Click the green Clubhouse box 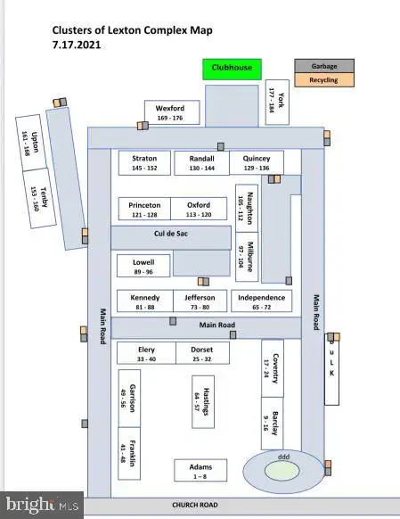tap(232, 70)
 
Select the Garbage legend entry tap(324, 66)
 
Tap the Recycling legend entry tap(324, 80)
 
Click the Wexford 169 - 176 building tap(172, 112)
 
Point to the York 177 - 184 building tap(277, 103)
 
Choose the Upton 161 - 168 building tap(31, 143)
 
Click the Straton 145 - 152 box tap(144, 163)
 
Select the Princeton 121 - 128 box tap(144, 209)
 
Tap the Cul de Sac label tap(171, 234)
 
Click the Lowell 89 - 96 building tap(143, 266)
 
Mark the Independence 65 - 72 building tap(262, 301)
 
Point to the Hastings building tap(203, 402)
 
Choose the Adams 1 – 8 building tap(200, 470)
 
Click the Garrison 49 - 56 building tap(129, 399)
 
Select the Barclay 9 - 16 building tap(272, 424)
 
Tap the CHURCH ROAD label tap(195, 505)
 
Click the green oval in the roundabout tap(282, 471)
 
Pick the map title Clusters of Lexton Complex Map tap(132, 30)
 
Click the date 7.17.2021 tap(77, 45)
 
